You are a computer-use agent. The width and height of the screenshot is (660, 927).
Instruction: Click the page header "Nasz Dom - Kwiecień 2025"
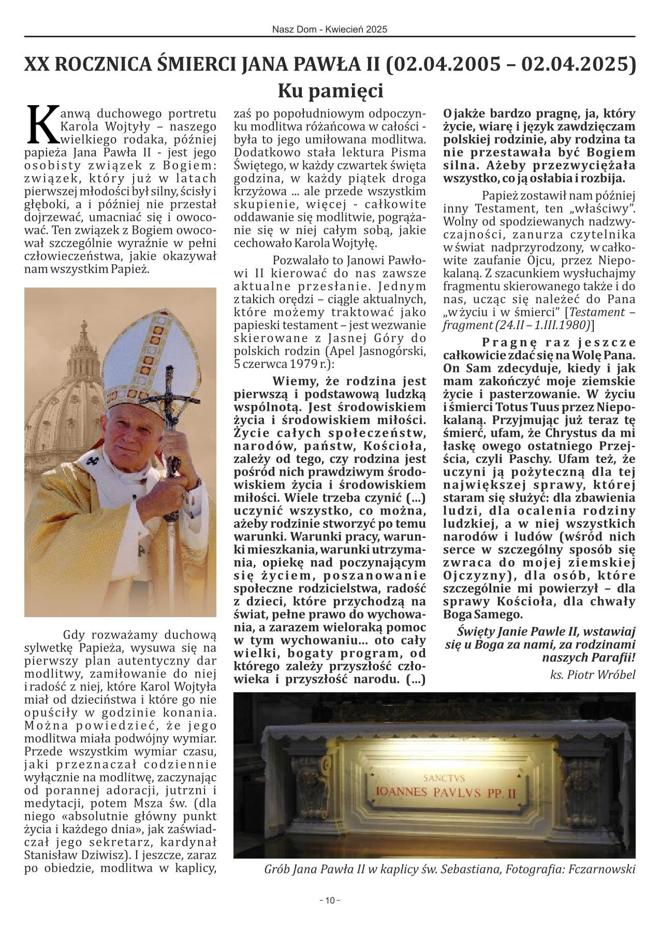point(330,30)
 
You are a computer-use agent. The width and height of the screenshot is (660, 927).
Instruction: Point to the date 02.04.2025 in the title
point(577,65)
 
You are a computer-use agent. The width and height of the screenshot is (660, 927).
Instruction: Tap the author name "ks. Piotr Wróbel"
point(593,675)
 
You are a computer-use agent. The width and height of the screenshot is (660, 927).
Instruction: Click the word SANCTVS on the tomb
point(444,778)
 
